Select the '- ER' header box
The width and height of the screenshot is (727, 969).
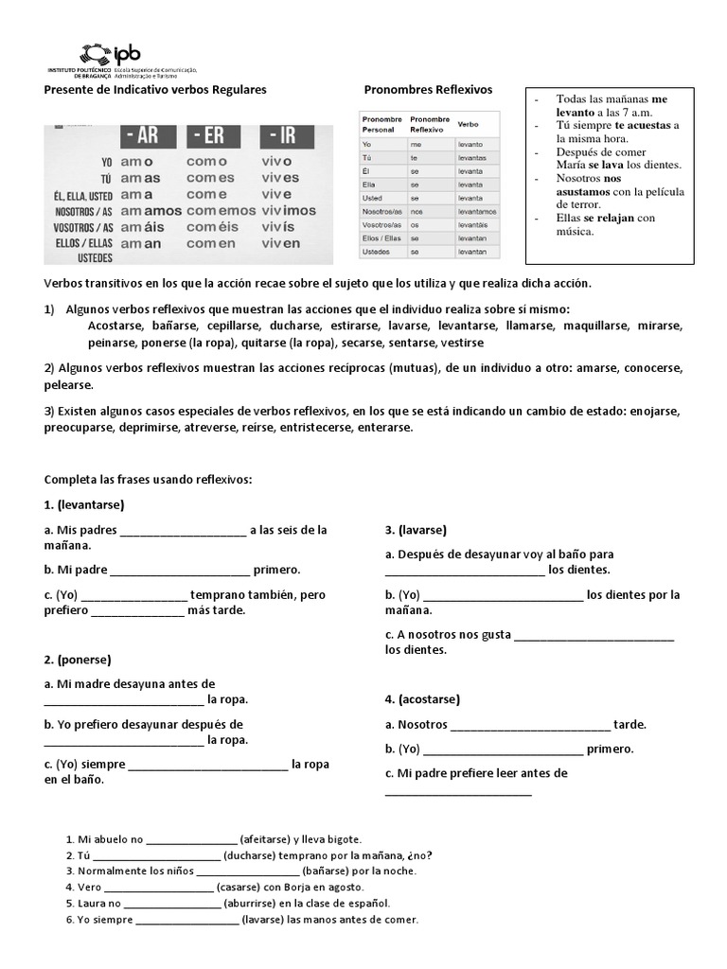click(216, 134)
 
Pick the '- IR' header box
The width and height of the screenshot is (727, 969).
click(284, 134)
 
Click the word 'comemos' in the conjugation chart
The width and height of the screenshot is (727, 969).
click(221, 210)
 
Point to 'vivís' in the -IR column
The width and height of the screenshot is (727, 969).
click(276, 227)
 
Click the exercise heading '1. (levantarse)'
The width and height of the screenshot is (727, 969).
click(84, 505)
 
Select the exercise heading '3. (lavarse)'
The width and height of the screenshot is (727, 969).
click(416, 529)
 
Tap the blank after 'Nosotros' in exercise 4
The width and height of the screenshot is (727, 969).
click(530, 726)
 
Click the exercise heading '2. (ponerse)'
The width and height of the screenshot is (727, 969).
click(78, 659)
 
